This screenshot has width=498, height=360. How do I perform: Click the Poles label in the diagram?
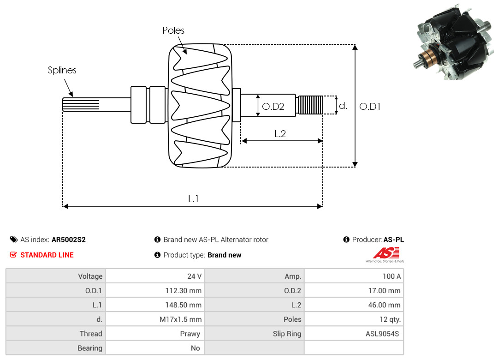point(173,30)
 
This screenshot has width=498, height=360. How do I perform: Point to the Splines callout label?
point(62,70)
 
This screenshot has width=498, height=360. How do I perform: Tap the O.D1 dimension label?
point(370,106)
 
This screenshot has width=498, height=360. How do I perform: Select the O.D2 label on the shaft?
point(273,107)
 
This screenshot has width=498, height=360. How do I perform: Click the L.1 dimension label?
point(193,199)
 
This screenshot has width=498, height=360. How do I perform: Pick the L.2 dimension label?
point(280,134)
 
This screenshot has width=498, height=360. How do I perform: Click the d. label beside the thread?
point(343,106)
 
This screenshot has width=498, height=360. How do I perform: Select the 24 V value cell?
point(194,276)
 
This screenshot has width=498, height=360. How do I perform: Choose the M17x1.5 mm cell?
point(180,319)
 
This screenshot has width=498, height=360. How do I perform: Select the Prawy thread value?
point(190,333)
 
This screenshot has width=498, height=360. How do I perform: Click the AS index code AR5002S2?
point(69,240)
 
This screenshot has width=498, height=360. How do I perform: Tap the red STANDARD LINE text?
point(47,255)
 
